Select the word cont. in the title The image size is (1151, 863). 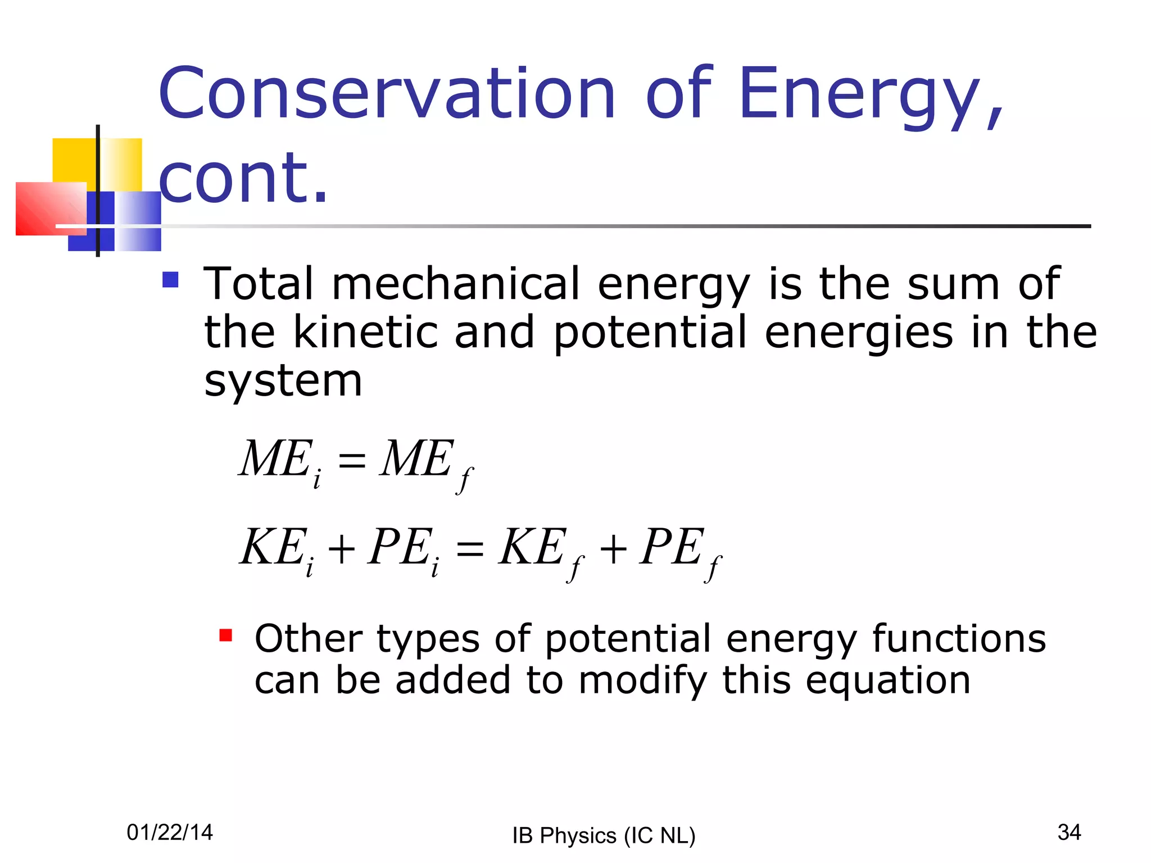[x=243, y=179]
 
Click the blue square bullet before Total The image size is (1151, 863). [x=170, y=280]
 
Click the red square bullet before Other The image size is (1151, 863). [x=226, y=635]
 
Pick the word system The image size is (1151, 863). [x=283, y=381]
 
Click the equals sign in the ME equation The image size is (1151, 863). [x=352, y=461]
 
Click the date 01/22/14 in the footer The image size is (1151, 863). [x=170, y=832]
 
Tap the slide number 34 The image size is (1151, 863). [x=1069, y=832]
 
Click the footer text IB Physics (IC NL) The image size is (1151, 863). [x=604, y=835]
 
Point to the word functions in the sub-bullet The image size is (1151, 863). [x=959, y=639]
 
